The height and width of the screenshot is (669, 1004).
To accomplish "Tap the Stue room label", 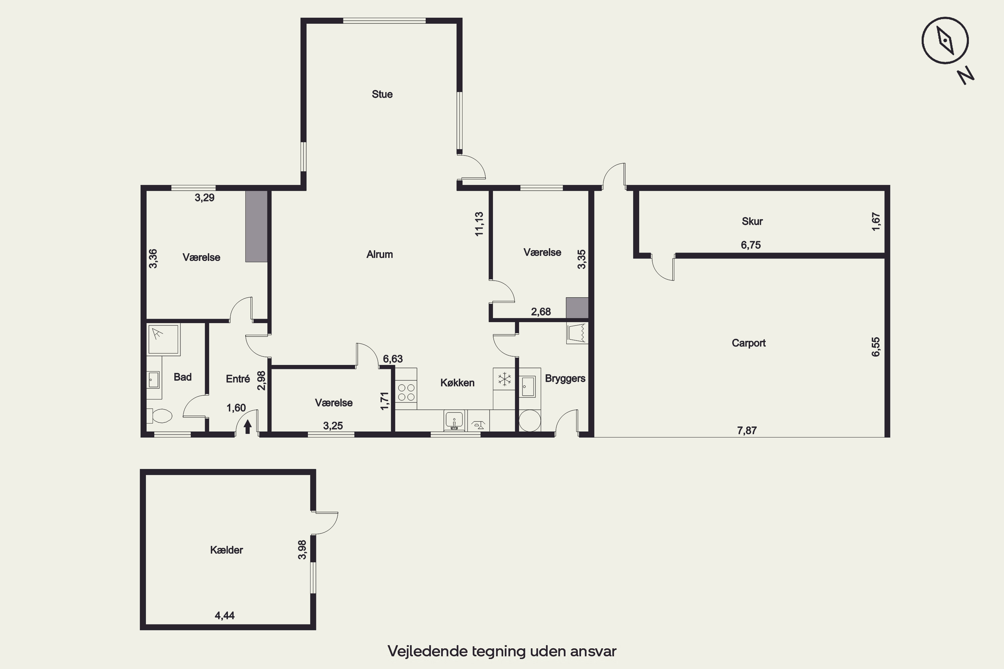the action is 382,94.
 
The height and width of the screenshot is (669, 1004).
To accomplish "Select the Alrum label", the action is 380,254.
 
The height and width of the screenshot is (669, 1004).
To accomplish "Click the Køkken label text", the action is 457,383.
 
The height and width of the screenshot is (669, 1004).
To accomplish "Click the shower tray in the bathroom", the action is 163,339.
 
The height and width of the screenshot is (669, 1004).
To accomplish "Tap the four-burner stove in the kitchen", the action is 406,392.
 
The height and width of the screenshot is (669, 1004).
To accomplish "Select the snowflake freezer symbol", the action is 504,379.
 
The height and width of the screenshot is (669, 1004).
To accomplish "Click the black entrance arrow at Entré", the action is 248,426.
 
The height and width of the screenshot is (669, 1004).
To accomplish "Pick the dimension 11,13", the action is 479,224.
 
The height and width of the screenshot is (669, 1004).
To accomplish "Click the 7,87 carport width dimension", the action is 747,431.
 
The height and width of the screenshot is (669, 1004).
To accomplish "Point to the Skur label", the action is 752,221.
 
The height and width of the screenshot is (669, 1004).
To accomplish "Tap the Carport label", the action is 749,343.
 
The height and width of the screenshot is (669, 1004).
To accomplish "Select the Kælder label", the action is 226,550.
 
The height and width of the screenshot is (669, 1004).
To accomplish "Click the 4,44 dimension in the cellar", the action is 225,615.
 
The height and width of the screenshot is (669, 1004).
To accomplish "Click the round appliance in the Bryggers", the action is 530,421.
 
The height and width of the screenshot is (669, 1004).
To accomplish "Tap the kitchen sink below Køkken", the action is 454,420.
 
